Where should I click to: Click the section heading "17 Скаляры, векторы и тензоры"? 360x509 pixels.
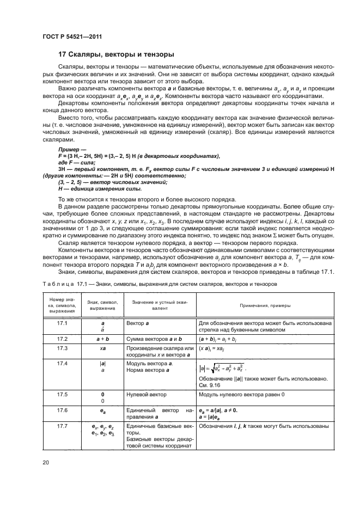click(x=116, y=54)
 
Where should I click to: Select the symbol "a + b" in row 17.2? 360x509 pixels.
click(x=99, y=338)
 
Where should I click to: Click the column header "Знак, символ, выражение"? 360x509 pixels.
click(x=99, y=305)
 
